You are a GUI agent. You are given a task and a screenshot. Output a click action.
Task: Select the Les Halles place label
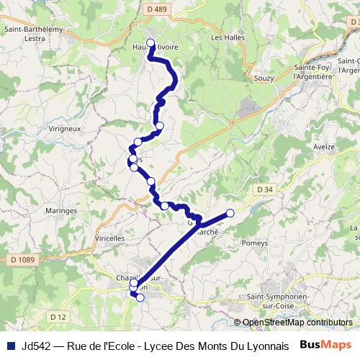coord(228,37)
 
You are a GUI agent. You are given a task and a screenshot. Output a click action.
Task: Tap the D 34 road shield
coord(264,189)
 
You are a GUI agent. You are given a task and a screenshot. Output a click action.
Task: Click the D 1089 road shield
coord(24,258)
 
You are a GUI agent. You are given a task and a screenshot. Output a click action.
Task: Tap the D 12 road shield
coord(58,316)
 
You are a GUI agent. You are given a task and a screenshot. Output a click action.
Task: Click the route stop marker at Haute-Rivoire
coord(150,42)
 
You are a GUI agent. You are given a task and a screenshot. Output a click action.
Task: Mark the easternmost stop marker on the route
coord(230,212)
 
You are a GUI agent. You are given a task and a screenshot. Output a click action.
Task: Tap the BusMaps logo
coord(325,345)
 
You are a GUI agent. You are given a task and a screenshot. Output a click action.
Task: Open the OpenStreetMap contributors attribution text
coord(297,323)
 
